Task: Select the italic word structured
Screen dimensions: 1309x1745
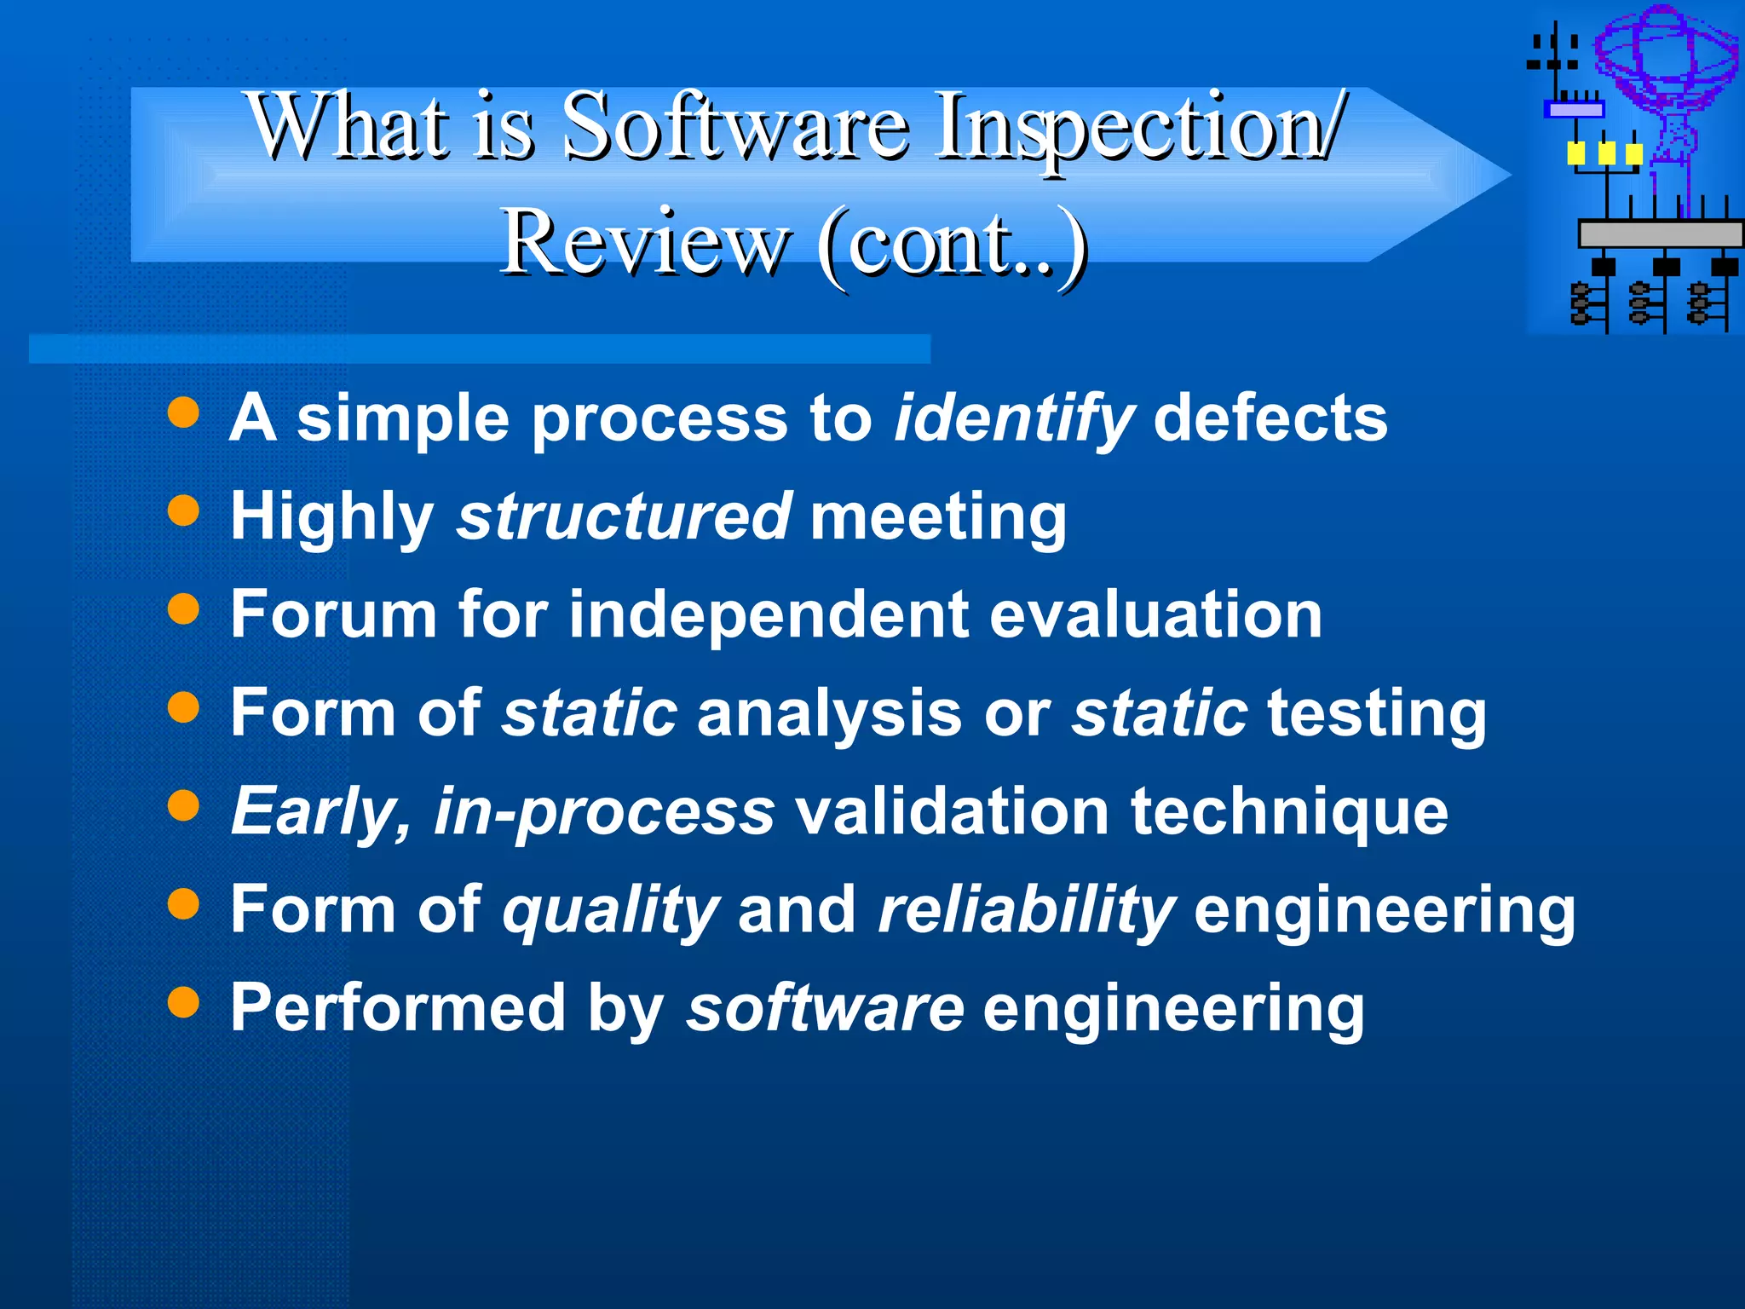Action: (x=624, y=516)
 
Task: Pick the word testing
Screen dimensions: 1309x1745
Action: (x=1376, y=714)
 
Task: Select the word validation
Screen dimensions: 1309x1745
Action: (x=952, y=811)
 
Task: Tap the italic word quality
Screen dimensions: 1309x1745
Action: (x=610, y=910)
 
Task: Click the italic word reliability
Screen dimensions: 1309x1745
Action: (x=1026, y=910)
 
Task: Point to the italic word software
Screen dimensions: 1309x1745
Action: (x=825, y=1007)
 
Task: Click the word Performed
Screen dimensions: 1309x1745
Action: (x=398, y=1007)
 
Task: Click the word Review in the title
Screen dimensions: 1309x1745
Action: (x=643, y=243)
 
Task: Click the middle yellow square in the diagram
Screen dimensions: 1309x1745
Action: (x=1606, y=154)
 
